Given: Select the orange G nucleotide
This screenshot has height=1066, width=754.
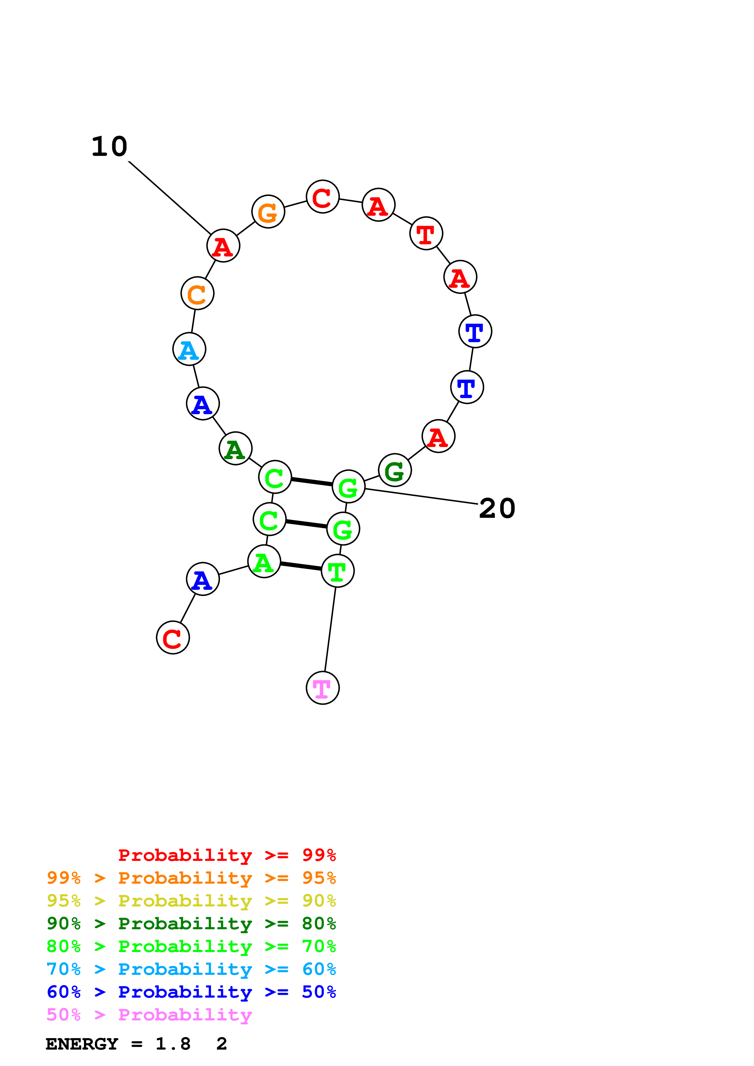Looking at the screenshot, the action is click(268, 212).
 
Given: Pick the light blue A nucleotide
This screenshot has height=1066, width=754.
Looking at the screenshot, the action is click(189, 349).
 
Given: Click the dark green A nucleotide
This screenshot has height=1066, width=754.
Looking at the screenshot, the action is click(235, 449).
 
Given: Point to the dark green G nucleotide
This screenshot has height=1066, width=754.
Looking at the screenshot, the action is click(395, 470).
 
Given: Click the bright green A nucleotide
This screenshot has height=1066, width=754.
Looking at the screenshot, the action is click(264, 562).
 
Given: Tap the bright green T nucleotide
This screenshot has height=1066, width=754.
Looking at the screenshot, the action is click(338, 571).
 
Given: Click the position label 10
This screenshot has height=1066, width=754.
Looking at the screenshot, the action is click(109, 147).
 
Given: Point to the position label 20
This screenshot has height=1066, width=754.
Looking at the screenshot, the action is click(497, 508).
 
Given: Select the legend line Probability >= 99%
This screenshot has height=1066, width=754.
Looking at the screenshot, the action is click(227, 855).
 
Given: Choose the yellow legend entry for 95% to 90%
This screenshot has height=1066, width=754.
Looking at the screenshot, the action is click(191, 901).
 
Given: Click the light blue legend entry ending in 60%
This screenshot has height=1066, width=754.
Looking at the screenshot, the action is click(191, 969).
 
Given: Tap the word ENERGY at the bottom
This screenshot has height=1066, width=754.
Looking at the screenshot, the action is click(82, 1044).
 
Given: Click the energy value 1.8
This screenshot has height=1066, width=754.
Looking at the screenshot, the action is click(173, 1044).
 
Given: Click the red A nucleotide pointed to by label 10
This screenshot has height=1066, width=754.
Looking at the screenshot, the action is click(224, 246).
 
